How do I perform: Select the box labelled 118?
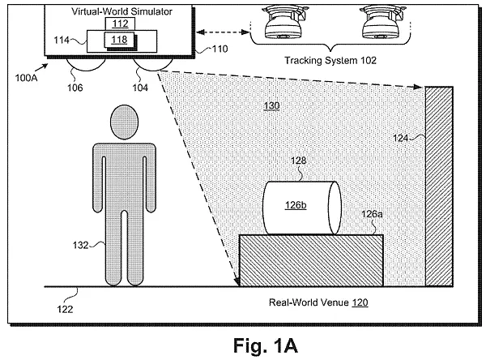pyautogui.click(x=118, y=39)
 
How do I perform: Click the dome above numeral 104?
pyautogui.click(x=148, y=62)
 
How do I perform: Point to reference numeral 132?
pyautogui.click(x=80, y=241)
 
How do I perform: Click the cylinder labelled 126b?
pyautogui.click(x=300, y=206)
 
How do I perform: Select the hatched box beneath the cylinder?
pyautogui.click(x=311, y=260)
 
